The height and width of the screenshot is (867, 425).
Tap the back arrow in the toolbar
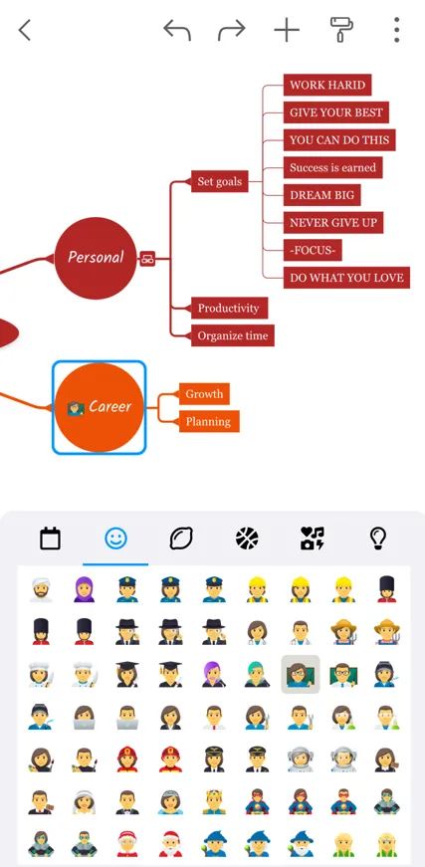click(24, 31)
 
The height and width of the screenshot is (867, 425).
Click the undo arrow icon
click(177, 31)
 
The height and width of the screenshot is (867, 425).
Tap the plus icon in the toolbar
click(287, 31)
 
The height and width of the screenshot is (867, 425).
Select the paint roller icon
click(342, 29)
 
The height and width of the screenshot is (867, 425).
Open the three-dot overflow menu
click(396, 30)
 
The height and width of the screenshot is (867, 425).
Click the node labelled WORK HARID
click(327, 85)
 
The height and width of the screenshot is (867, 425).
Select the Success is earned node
click(332, 167)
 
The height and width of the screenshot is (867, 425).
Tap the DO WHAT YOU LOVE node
click(346, 278)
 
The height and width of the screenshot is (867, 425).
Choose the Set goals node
click(219, 181)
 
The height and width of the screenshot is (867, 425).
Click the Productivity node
click(229, 308)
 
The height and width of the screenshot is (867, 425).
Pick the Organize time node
click(233, 335)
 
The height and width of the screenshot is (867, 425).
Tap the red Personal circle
click(96, 258)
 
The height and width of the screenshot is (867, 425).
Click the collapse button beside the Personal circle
click(147, 258)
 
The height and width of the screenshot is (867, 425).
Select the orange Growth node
click(204, 394)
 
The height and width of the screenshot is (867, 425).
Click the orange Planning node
click(208, 421)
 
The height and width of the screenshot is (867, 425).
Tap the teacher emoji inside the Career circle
click(76, 408)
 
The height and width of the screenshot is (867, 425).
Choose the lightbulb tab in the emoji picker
click(378, 538)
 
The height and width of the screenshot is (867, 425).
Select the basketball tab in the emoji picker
click(247, 538)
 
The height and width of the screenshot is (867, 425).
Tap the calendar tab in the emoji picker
click(51, 538)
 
